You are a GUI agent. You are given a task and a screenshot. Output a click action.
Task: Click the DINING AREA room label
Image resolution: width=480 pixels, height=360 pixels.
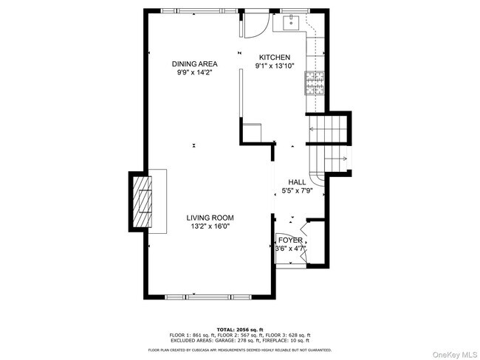click(x=195, y=64)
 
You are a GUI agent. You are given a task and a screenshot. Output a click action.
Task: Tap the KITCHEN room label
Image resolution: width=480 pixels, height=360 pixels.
click(x=274, y=58)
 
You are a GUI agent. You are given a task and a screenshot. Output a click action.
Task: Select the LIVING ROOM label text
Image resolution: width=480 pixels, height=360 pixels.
click(x=210, y=218)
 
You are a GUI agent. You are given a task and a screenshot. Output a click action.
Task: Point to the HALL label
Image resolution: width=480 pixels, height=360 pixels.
click(x=297, y=181)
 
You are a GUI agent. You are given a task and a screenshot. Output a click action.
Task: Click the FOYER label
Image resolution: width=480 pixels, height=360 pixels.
click(x=289, y=240)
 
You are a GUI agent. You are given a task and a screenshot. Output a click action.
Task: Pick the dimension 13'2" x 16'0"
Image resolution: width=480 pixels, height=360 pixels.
click(x=210, y=227)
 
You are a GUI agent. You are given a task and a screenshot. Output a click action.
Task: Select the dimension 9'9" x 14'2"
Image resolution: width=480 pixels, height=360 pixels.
click(x=195, y=73)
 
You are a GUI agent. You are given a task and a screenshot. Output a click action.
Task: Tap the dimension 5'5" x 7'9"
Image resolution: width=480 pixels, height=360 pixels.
click(x=298, y=191)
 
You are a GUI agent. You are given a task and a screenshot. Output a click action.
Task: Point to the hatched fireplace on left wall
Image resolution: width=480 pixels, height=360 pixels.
click(x=142, y=201)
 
